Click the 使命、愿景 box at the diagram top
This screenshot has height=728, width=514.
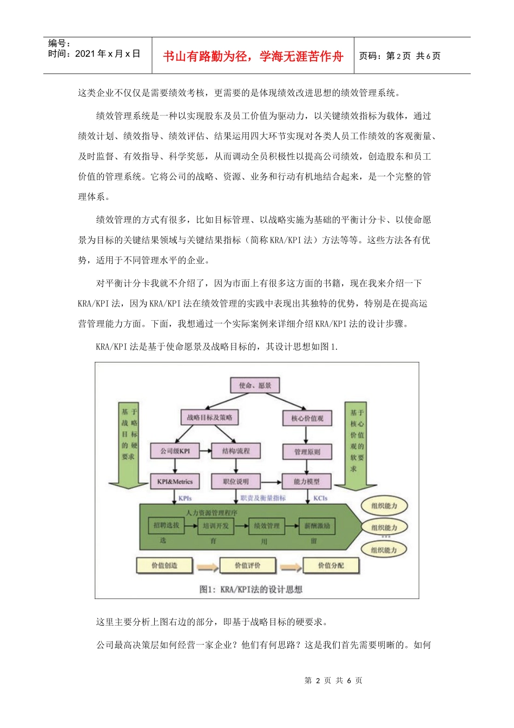pos(255,385)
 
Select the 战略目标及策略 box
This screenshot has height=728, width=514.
pos(209,417)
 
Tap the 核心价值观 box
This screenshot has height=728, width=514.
pos(307,418)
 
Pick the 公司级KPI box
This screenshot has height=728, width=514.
pos(175,451)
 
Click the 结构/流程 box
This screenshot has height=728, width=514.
pos(236,451)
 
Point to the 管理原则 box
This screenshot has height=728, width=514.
pos(307,452)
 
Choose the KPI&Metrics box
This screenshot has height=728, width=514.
pos(175,482)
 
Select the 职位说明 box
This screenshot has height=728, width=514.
pos(236,482)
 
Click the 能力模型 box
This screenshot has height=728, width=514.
pos(307,482)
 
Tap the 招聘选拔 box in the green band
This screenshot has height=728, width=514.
pos(166,525)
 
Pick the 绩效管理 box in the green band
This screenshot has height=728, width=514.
pos(267,526)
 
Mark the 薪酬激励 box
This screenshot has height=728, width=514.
pos(317,526)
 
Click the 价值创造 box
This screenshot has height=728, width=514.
pos(164,565)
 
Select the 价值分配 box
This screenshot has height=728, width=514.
pos(331,565)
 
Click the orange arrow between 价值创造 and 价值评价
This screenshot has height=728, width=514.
pos(207,567)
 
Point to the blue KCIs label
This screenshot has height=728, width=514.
pos(320,498)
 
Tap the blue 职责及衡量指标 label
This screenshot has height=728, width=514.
pos(263,498)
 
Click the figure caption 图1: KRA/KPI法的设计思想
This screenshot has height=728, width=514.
pos(251,589)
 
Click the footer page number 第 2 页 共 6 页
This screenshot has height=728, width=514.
pos(333,680)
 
